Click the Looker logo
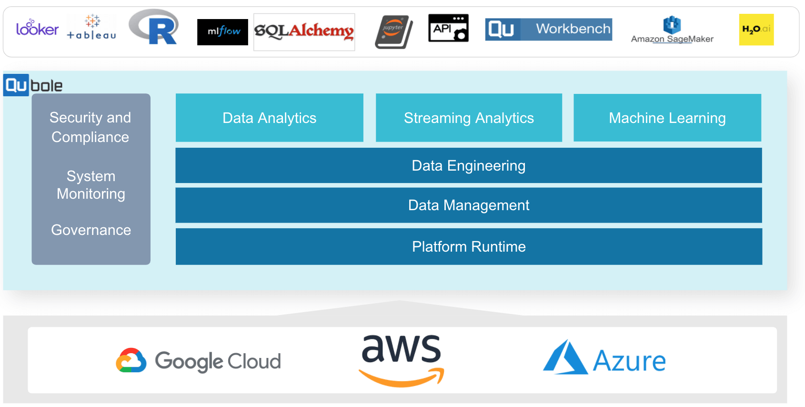37,29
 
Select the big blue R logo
155,28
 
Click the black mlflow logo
222,32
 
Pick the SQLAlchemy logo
304,31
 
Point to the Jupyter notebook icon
393,31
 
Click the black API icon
448,28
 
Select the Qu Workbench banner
548,29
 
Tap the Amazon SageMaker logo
672,30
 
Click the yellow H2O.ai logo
756,30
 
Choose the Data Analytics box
269,118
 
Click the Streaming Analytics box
469,118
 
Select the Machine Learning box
667,118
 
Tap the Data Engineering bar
468,165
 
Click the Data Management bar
468,205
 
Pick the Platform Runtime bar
468,246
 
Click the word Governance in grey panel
91,230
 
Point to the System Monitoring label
91,185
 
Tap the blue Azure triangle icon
565,358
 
